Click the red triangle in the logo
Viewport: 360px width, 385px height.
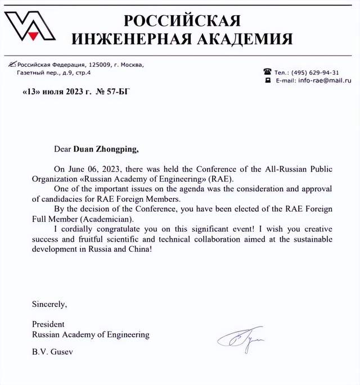click(x=33, y=35)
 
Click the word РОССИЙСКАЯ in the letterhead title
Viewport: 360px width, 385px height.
click(x=182, y=21)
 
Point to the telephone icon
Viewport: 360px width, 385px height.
click(x=267, y=72)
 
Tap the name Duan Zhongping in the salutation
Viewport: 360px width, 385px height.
click(x=105, y=150)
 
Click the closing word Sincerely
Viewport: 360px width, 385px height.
click(x=49, y=305)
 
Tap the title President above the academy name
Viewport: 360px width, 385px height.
click(x=48, y=324)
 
